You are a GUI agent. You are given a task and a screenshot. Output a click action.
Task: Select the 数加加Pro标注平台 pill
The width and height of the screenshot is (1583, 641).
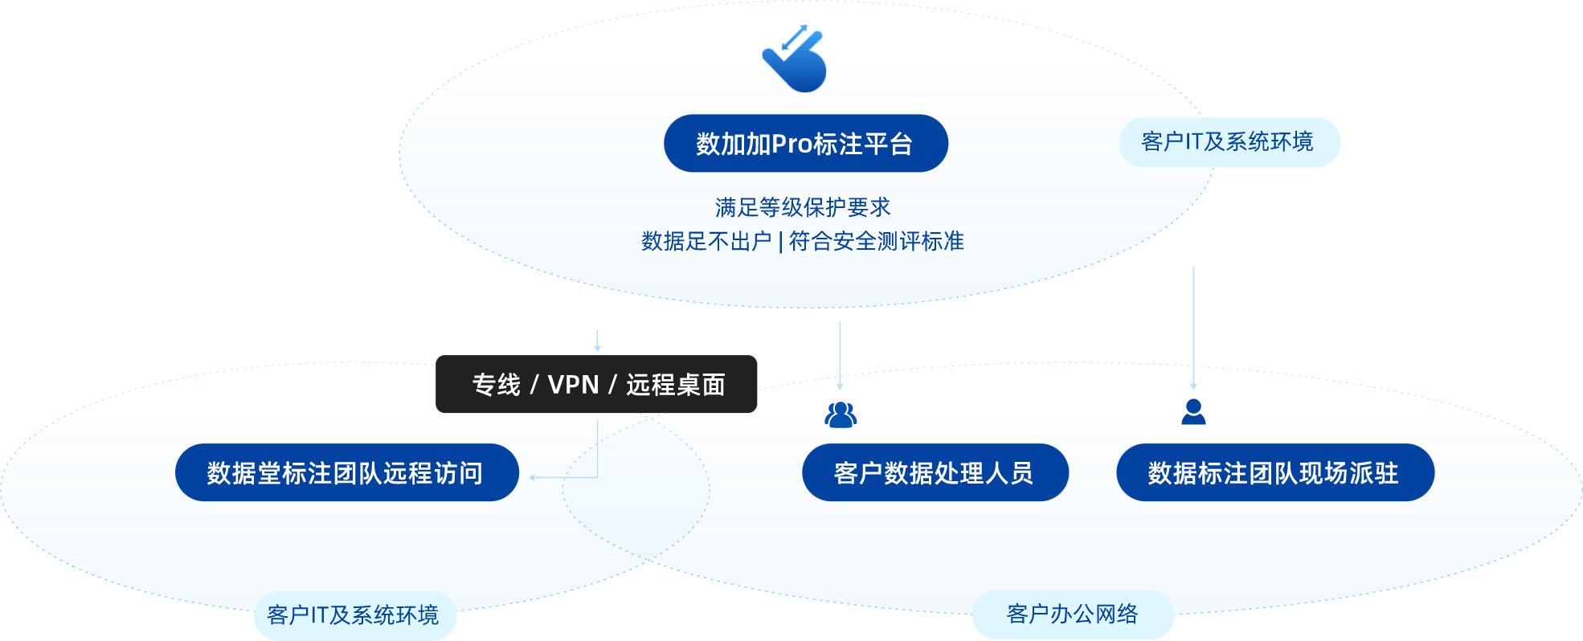tap(805, 144)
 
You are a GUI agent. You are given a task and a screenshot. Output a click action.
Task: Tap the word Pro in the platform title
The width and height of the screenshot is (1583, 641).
tap(791, 145)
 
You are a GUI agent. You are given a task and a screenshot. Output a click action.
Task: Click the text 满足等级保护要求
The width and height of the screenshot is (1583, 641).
tap(803, 207)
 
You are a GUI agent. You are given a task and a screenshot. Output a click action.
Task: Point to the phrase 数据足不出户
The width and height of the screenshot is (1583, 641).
tap(706, 241)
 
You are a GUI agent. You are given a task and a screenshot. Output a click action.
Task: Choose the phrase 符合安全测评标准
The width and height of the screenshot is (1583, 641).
tap(877, 241)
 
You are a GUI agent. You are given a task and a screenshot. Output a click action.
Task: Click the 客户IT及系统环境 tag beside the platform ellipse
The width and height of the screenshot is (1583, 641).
tap(1228, 142)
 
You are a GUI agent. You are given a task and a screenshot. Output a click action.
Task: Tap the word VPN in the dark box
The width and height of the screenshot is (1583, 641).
tap(573, 385)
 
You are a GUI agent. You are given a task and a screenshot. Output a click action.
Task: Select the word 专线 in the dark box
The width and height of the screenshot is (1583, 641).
tap(496, 385)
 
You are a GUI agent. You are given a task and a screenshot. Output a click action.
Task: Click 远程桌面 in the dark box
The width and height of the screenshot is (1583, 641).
tap(676, 385)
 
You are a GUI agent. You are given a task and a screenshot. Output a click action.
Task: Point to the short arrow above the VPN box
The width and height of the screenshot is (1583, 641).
tap(597, 341)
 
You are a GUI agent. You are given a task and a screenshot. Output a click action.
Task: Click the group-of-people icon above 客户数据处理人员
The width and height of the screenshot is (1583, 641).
tap(841, 414)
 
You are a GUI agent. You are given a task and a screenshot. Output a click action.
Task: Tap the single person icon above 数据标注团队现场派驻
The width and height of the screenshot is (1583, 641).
tap(1193, 410)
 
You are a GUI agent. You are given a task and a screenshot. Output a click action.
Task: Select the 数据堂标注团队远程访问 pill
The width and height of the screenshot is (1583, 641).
tap(346, 473)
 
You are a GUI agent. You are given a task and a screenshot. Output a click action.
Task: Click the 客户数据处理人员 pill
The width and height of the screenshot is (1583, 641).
tap(934, 473)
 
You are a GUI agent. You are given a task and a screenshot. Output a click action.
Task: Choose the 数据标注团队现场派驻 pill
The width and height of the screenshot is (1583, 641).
tap(1274, 473)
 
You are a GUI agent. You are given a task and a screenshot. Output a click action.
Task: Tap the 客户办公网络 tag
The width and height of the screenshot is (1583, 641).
tap(1072, 614)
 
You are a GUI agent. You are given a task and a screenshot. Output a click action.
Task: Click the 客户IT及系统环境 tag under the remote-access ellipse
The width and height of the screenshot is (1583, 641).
tap(354, 615)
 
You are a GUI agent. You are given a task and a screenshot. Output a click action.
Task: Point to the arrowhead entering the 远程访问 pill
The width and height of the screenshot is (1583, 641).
tap(532, 477)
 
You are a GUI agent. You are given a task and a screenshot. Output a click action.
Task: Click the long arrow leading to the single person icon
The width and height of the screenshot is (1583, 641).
tap(1193, 329)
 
